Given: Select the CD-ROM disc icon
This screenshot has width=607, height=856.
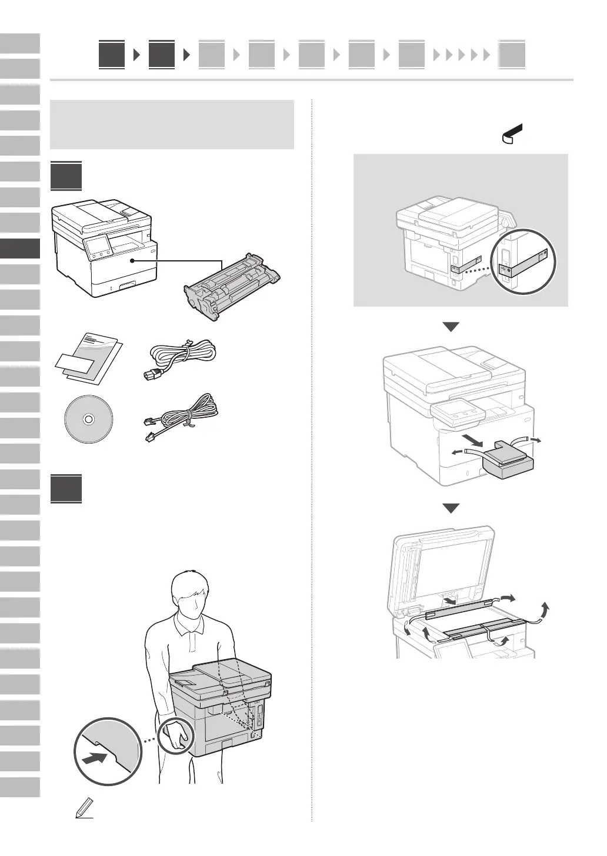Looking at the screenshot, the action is [88, 419].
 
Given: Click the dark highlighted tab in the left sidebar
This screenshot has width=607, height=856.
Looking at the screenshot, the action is [20, 248].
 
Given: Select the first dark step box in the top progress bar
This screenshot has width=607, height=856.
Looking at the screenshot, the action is [112, 55].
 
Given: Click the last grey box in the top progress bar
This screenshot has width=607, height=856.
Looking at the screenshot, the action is [512, 56].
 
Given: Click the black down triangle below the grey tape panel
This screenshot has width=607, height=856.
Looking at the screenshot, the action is [451, 327].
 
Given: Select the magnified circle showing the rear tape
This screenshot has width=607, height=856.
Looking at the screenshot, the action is [524, 260].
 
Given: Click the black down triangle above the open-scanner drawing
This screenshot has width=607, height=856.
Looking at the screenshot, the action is [451, 509].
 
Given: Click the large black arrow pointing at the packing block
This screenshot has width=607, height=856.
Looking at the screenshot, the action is [477, 456].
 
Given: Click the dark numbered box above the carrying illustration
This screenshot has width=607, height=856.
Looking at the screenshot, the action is [66, 489].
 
